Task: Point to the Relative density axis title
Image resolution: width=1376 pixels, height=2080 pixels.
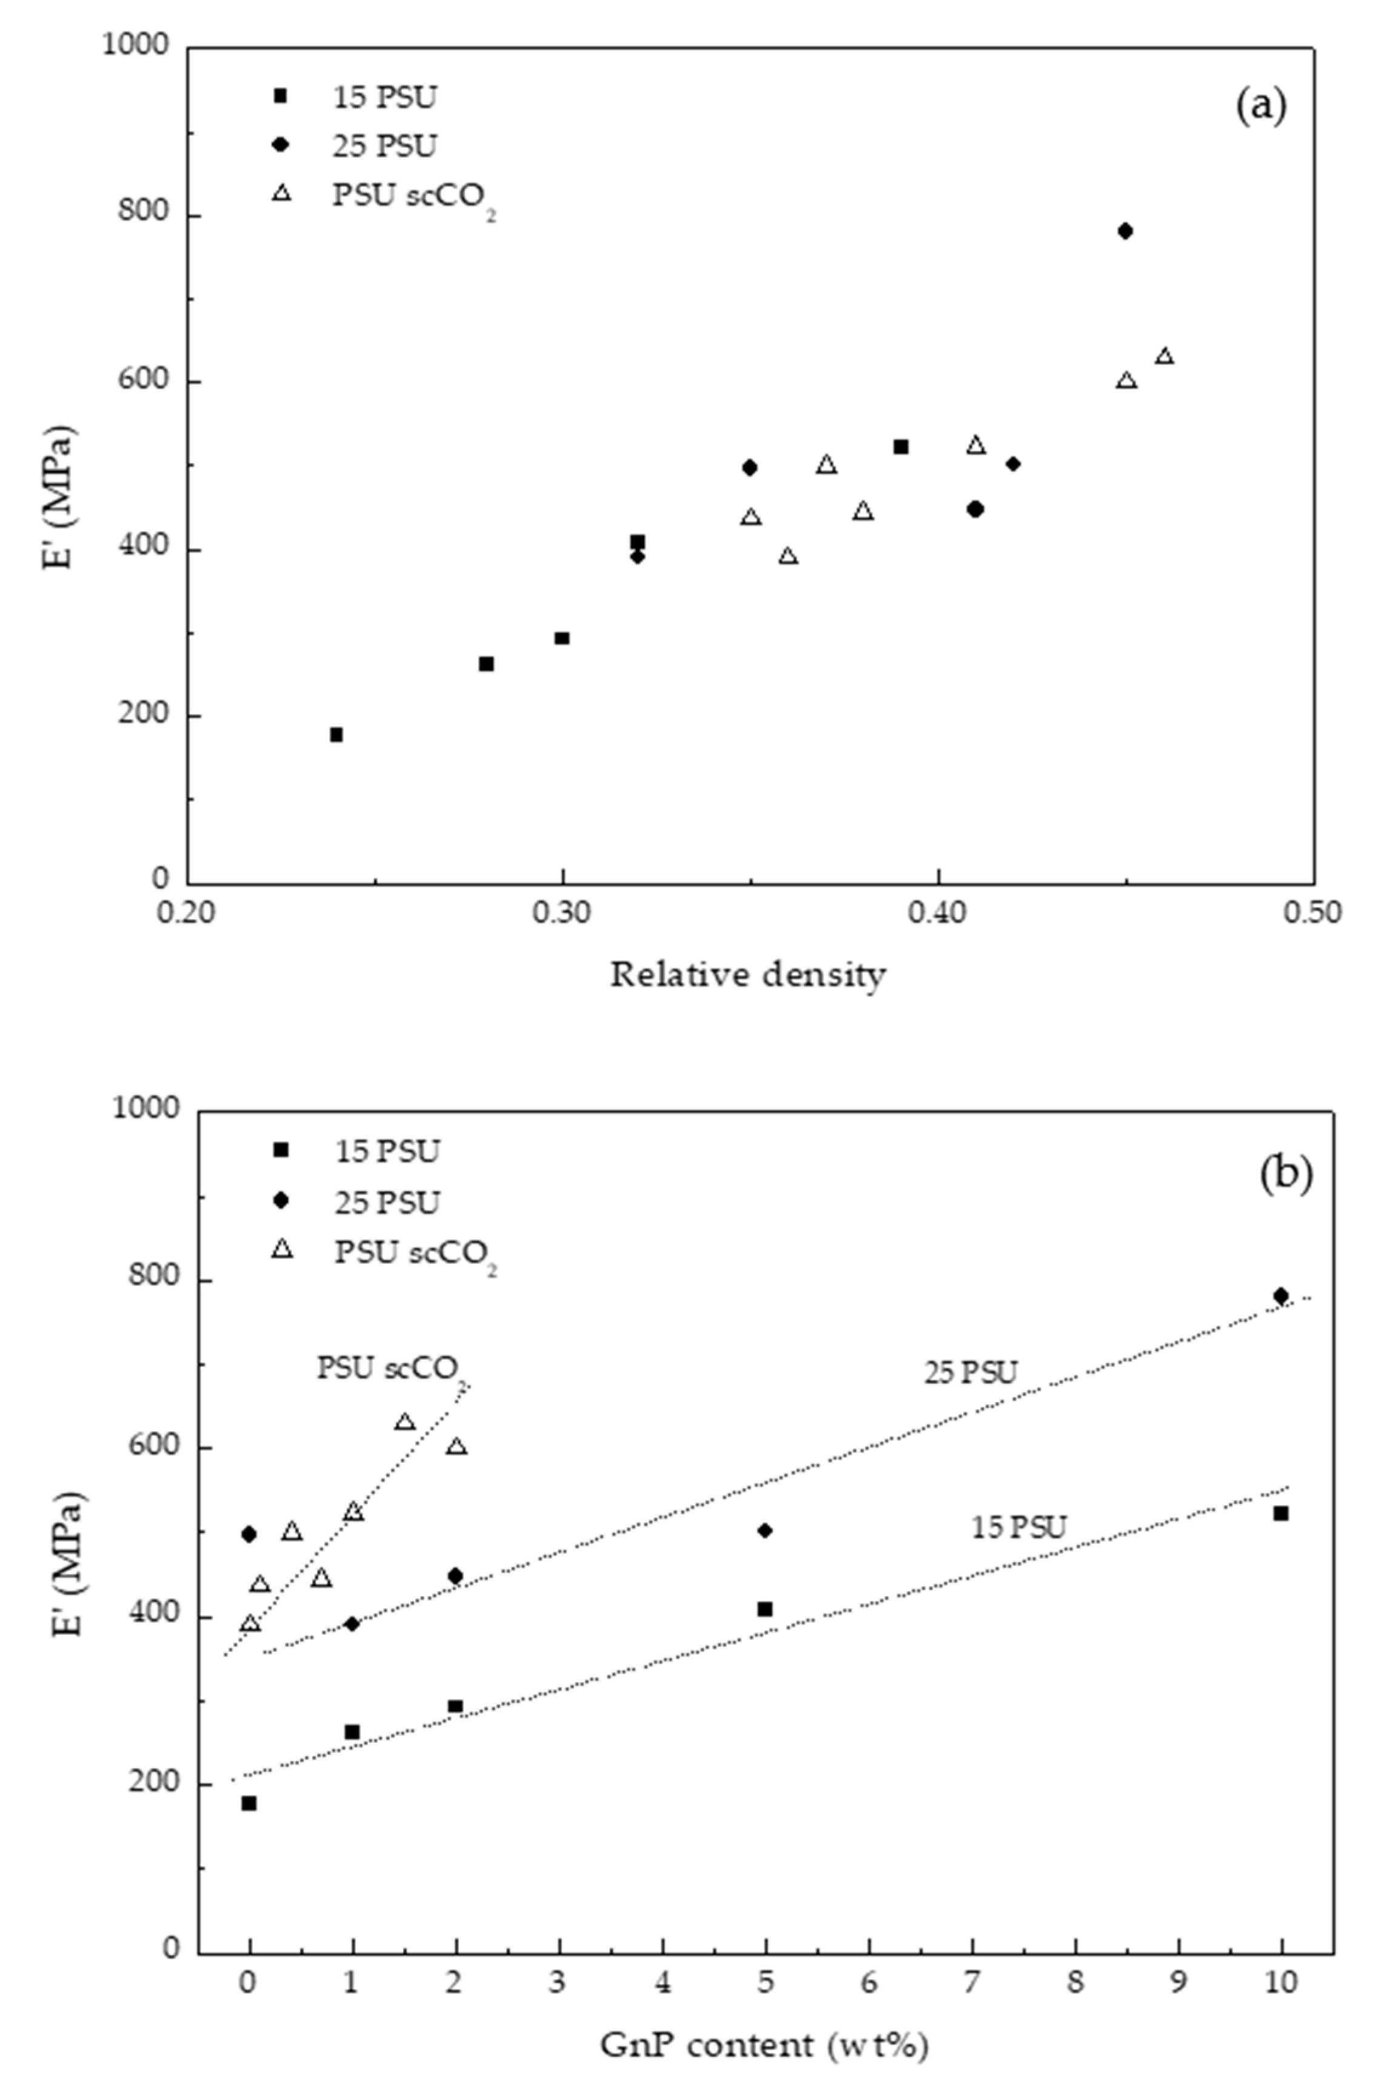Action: point(747,974)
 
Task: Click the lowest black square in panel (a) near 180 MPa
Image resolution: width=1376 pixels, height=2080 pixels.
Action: point(336,734)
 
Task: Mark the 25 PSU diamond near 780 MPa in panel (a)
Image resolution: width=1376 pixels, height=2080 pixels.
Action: point(1125,231)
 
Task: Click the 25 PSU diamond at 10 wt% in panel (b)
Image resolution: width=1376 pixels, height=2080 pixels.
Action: point(1280,1295)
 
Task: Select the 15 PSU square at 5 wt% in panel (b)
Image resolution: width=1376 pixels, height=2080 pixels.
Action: point(765,1609)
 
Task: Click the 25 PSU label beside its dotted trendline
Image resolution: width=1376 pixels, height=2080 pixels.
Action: point(970,1373)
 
